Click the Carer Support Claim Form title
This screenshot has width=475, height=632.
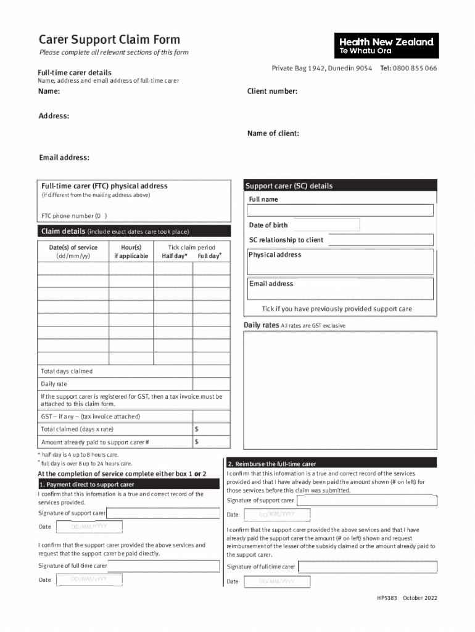(x=109, y=40)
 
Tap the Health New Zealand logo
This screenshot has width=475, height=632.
(x=386, y=46)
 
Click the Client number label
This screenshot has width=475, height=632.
(x=272, y=91)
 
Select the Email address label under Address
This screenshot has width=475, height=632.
(x=64, y=157)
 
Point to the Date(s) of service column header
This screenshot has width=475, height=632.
(x=73, y=251)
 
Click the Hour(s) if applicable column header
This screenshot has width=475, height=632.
(x=131, y=251)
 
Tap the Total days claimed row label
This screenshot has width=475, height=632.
(x=67, y=372)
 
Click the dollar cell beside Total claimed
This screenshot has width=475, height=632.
(x=211, y=429)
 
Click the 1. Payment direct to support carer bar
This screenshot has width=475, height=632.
(x=128, y=484)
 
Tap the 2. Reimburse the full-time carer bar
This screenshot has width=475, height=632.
(x=332, y=464)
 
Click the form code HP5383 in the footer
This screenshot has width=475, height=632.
(x=387, y=599)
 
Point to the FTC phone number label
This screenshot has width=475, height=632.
(x=74, y=216)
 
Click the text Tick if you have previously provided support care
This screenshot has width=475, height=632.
(x=337, y=309)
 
